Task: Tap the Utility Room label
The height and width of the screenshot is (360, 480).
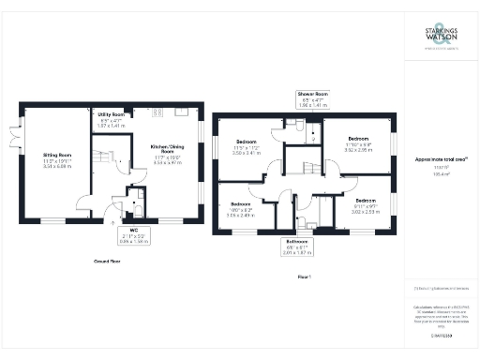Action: pos(111,113)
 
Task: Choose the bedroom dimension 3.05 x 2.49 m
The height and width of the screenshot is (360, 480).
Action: pos(241,215)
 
